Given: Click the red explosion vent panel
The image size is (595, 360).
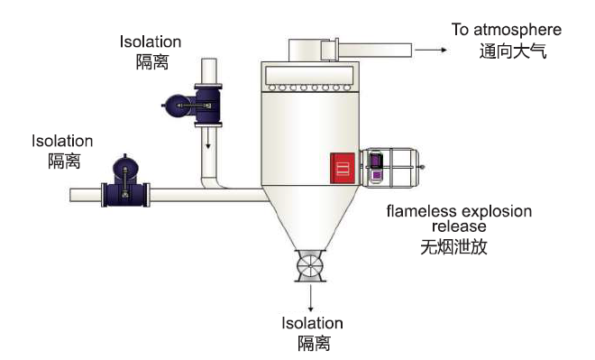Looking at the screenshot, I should [x=343, y=168].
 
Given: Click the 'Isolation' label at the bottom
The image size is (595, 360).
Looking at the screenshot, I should [x=313, y=323].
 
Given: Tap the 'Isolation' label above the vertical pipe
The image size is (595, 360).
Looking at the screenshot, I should [x=151, y=42].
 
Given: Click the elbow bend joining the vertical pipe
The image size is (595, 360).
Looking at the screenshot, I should [x=213, y=183].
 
